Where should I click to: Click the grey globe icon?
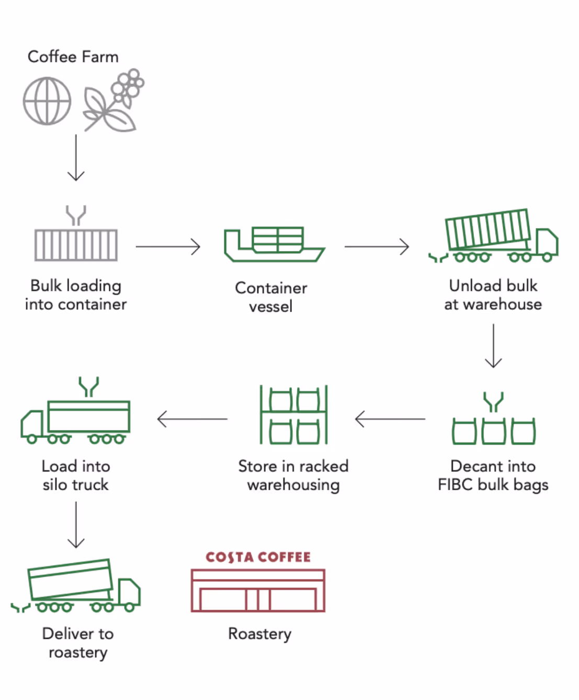tap(47, 101)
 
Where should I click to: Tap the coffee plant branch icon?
tap(113, 100)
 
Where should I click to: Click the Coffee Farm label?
tap(73, 57)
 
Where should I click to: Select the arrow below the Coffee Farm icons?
tap(76, 157)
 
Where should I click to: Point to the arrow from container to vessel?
tap(168, 246)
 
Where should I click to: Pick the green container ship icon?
tap(274, 244)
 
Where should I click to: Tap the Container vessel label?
tap(271, 297)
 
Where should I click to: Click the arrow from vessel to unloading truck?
tap(377, 246)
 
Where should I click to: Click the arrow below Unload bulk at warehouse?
tap(493, 346)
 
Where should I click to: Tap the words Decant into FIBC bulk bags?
tap(493, 475)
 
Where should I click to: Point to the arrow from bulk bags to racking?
tap(390, 419)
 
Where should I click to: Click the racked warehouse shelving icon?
tap(293, 415)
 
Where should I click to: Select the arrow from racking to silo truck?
tap(192, 419)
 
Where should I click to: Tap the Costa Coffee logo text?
tap(258, 557)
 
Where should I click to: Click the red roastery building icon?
tap(258, 591)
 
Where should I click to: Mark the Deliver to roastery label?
tap(78, 643)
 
